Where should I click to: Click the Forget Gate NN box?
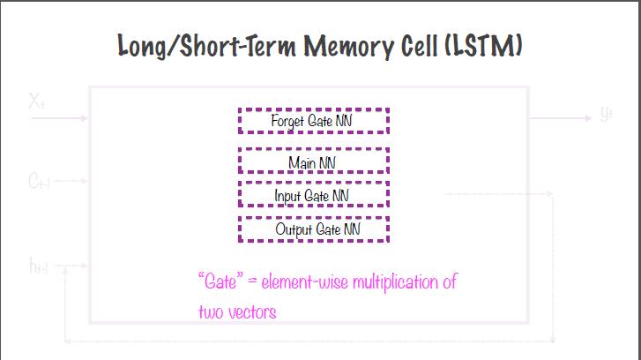(313, 120)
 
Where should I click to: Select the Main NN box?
(313, 161)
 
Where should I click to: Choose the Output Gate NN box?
(313, 229)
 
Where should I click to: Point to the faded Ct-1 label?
(38, 182)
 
